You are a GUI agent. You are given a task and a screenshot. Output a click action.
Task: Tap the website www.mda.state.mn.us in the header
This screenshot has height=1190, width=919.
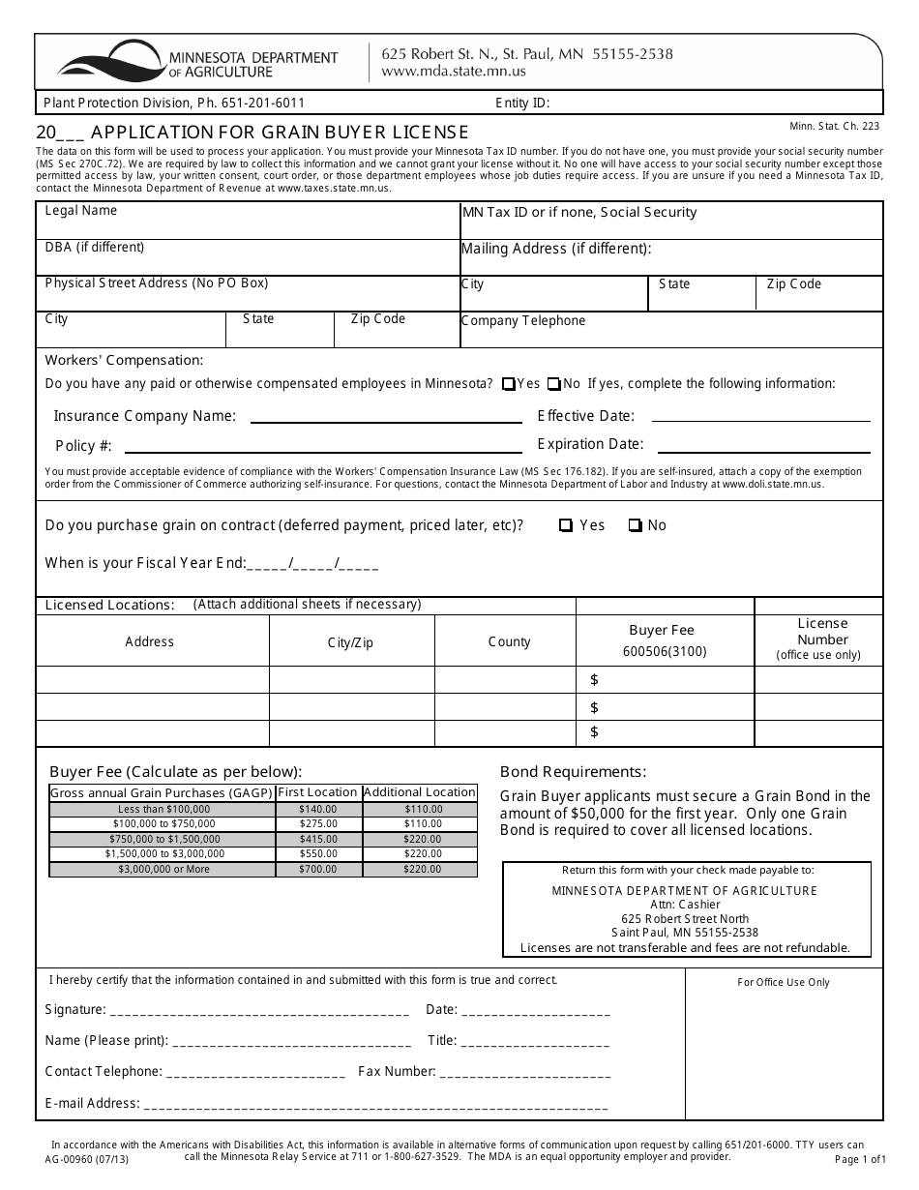454,72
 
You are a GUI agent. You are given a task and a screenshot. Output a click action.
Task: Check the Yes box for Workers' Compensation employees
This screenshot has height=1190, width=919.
509,384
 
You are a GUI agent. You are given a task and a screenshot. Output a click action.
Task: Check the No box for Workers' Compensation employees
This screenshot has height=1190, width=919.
553,384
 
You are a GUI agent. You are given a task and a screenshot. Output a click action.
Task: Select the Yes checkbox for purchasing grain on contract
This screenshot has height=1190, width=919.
565,525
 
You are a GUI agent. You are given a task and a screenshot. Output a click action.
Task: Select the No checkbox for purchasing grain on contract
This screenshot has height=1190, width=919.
635,525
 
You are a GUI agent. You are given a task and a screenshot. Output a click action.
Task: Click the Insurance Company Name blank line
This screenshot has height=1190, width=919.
385,421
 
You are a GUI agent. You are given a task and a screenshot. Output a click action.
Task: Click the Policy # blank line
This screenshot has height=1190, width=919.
323,450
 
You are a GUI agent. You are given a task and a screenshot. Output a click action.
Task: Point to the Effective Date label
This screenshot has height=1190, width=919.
585,416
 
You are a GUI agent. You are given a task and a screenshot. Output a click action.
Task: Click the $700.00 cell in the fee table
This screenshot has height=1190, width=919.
317,870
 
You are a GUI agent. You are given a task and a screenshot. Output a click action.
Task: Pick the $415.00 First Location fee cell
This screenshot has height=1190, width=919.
317,839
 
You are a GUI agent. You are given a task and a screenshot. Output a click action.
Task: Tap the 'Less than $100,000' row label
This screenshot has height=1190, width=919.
163,809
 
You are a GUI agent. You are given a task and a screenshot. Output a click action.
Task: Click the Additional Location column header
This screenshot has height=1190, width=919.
420,792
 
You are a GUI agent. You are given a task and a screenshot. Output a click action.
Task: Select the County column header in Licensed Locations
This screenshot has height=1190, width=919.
509,641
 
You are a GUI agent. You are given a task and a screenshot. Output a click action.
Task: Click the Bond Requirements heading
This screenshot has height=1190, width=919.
573,772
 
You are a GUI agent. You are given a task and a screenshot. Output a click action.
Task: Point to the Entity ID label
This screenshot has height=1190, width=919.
522,103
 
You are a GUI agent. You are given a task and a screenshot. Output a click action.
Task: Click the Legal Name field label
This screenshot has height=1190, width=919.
81,211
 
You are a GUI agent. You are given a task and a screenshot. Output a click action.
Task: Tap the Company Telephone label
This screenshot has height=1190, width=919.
523,321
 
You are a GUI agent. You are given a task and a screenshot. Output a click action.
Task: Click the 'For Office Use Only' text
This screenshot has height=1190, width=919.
783,982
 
